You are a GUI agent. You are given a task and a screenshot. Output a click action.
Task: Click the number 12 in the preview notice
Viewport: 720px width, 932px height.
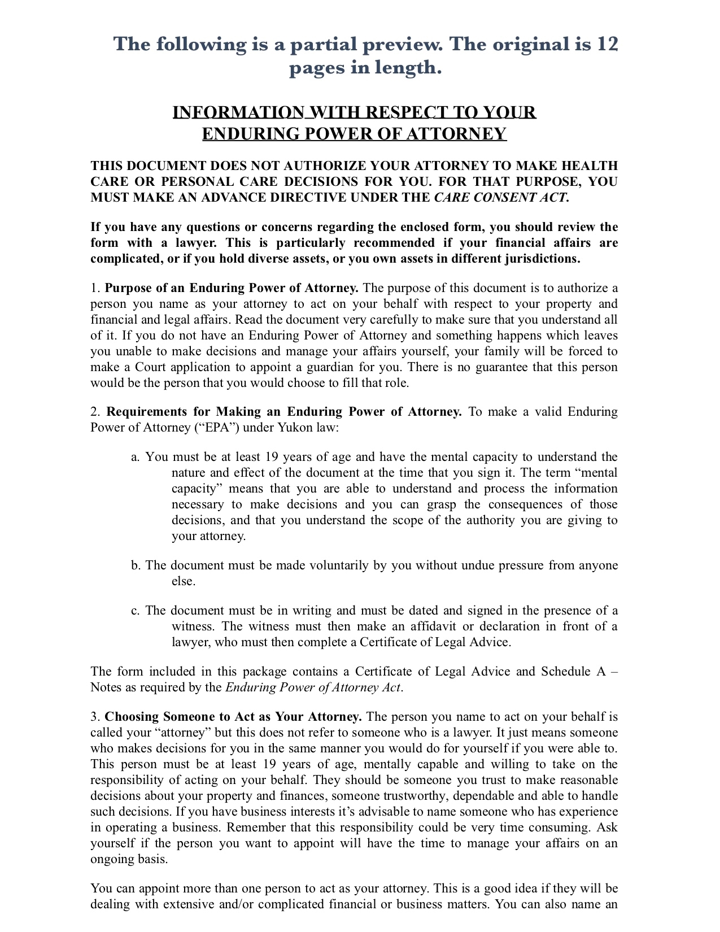(x=607, y=44)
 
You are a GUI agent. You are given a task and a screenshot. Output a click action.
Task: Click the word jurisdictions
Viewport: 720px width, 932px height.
(x=542, y=259)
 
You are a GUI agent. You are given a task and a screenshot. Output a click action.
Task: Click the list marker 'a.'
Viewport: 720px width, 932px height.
(x=136, y=457)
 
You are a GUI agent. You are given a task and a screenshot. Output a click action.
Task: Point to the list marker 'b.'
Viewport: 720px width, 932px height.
(x=136, y=565)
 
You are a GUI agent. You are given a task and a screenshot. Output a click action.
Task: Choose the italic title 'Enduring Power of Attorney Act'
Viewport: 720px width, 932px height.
(x=313, y=687)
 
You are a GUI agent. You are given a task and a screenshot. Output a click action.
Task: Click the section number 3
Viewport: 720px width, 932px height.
(x=94, y=717)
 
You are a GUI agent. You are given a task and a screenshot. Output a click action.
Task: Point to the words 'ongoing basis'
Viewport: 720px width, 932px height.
(x=129, y=859)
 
